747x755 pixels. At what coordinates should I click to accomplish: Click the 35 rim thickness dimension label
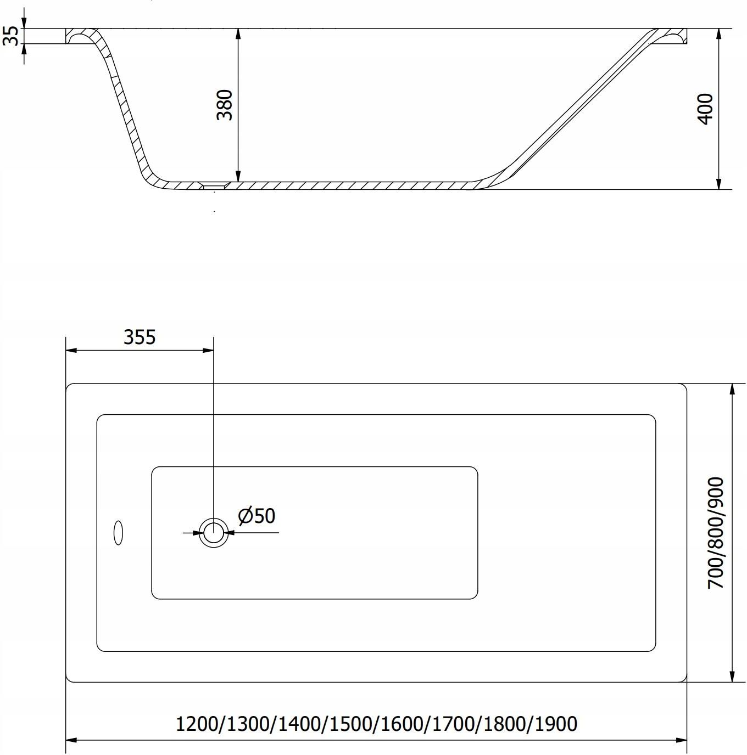point(10,36)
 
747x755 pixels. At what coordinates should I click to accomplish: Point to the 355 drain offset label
point(140,337)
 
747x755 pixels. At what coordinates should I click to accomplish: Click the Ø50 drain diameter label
point(257,516)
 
